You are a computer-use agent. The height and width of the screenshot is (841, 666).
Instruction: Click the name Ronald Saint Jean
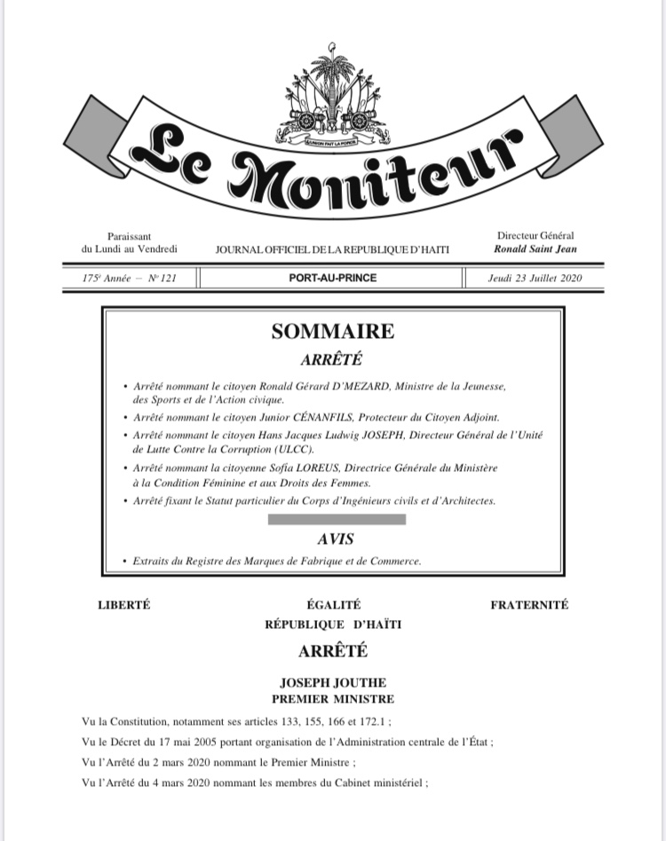[x=535, y=249]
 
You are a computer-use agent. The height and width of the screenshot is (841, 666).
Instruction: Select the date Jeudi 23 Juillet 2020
[x=534, y=279]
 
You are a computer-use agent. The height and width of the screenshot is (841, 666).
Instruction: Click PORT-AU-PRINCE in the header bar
[x=332, y=279]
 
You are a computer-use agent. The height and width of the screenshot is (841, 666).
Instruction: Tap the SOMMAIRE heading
[x=332, y=332]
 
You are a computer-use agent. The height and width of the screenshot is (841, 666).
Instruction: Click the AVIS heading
[x=332, y=538]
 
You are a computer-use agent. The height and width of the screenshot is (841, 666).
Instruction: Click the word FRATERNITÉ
[x=529, y=605]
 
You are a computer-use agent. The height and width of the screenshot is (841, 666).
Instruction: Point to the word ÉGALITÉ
[x=332, y=605]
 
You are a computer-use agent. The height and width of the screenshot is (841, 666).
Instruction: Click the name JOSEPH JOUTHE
[x=332, y=683]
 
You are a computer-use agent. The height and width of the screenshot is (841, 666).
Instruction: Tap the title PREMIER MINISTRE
[x=332, y=698]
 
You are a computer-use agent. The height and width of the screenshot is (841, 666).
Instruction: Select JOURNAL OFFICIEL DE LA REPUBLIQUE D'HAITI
[x=332, y=251]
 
